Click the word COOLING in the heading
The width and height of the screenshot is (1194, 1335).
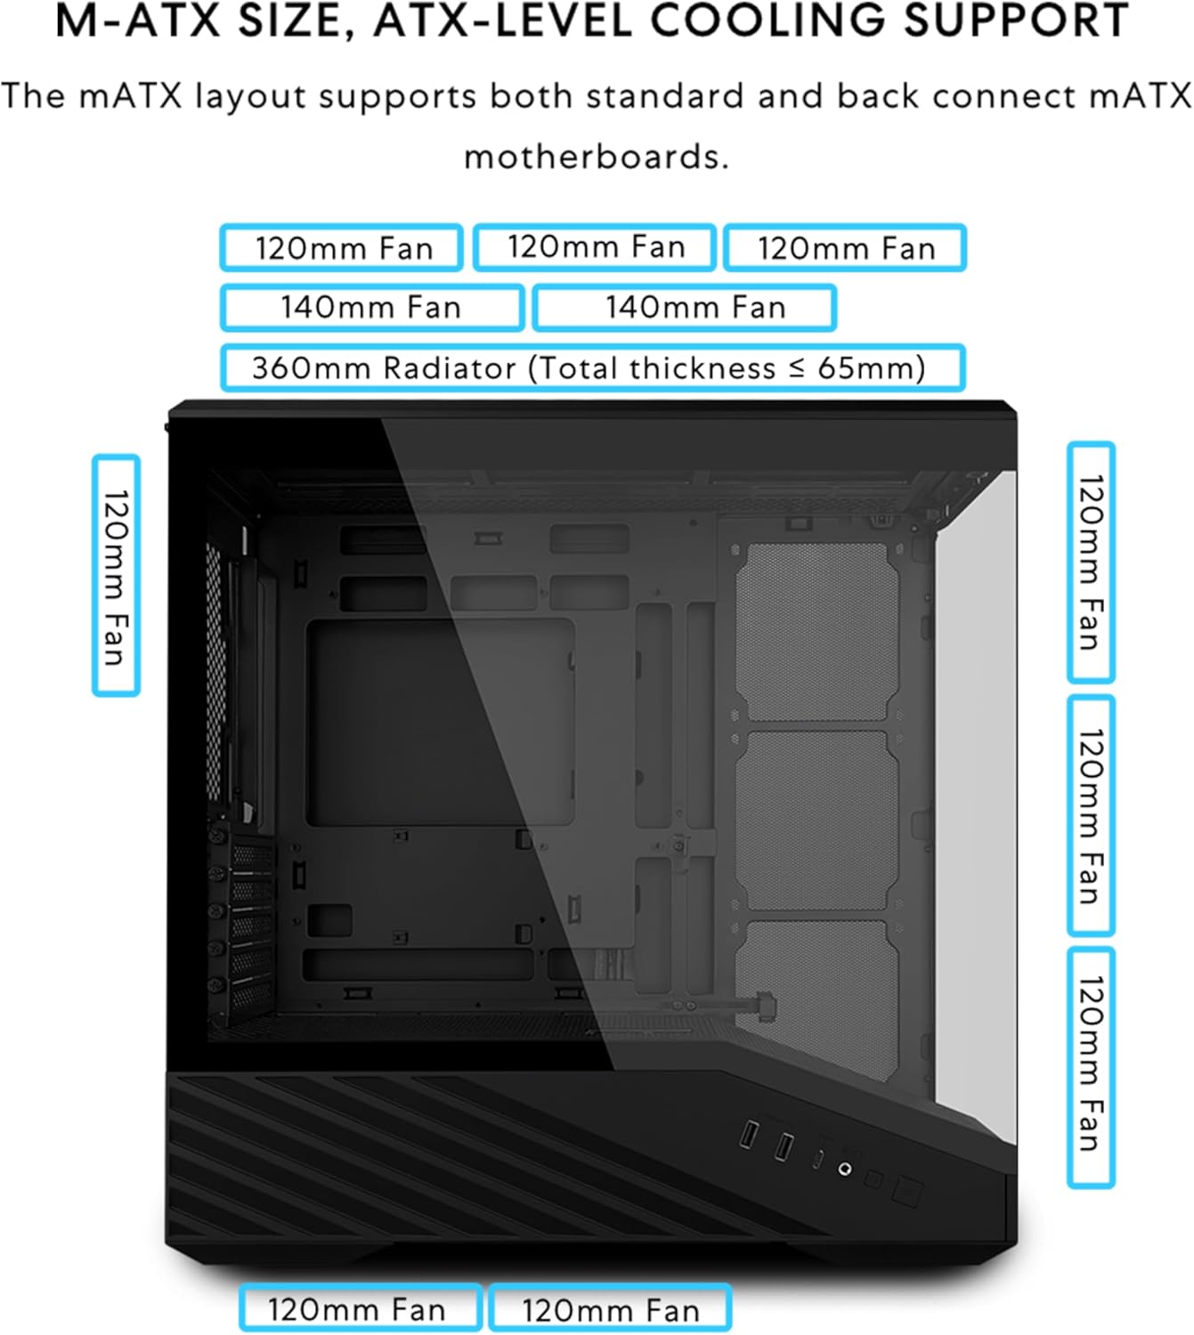[768, 20]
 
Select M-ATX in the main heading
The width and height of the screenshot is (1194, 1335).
[138, 20]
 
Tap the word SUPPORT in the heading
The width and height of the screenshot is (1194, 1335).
[1016, 20]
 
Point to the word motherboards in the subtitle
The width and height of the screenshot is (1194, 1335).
[597, 157]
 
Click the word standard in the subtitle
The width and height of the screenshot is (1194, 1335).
[664, 96]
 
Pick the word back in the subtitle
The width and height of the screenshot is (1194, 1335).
[878, 96]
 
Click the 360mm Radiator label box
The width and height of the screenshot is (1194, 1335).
[593, 368]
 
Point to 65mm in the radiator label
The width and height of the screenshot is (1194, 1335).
[871, 368]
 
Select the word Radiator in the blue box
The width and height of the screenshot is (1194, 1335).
[450, 368]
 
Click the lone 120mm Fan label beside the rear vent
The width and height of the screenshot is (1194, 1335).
[116, 575]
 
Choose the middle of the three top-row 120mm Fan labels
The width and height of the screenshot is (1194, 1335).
[595, 247]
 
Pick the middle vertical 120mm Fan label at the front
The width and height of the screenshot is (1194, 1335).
[1091, 816]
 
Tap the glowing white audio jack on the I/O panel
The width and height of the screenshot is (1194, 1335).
[845, 1169]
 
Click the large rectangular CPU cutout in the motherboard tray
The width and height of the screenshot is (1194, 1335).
[440, 722]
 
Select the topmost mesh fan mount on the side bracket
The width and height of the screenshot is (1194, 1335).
[816, 632]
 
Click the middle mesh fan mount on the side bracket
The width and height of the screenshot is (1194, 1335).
[816, 821]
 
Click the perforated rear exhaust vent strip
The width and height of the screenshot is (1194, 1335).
[213, 671]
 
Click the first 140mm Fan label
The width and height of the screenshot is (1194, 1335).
[372, 308]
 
